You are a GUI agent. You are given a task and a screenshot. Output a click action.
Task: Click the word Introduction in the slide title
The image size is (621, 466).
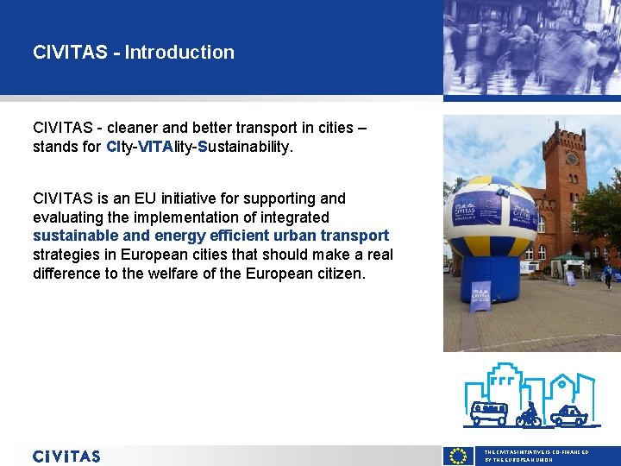point(179,52)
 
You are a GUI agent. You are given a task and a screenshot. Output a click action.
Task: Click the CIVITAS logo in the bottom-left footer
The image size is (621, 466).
point(66,457)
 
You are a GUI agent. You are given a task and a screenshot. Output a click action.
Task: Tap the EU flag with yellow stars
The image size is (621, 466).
point(459,457)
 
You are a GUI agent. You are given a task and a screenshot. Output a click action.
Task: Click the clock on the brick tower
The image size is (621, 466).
point(571,159)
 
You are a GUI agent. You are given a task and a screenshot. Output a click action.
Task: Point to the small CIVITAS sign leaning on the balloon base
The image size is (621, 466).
point(480,295)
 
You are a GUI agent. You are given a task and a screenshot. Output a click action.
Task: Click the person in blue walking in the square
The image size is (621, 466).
point(608,275)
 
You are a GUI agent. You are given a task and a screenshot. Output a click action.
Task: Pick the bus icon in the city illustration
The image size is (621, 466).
point(489,412)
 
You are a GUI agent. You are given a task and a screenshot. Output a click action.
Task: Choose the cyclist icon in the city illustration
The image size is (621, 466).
point(529,415)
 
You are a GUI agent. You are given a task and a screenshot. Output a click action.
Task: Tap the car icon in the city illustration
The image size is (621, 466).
point(568,415)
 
